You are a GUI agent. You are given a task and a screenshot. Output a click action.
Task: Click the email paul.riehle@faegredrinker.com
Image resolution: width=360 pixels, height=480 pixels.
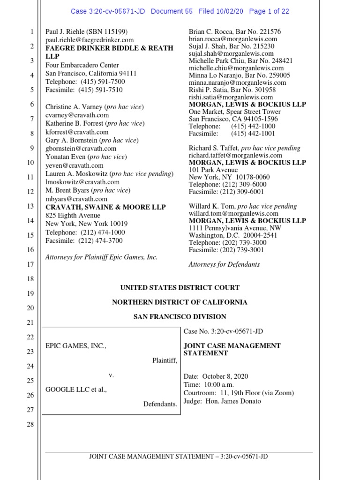pyautogui.click(x=90, y=40)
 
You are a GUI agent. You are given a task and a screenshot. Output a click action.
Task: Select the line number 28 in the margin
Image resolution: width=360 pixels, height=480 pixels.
pyautogui.click(x=31, y=425)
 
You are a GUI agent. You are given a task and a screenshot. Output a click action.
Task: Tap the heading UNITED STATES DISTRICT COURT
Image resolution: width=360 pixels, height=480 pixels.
pyautogui.click(x=180, y=288)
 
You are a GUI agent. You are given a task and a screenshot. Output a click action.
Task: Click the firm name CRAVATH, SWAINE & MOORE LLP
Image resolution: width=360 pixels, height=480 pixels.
pyautogui.click(x=105, y=207)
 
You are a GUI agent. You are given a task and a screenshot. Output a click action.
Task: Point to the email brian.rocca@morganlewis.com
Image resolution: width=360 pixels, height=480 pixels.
pyautogui.click(x=233, y=39)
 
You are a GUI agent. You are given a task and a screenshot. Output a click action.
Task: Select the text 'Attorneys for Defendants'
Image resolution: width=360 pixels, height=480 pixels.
pyautogui.click(x=224, y=264)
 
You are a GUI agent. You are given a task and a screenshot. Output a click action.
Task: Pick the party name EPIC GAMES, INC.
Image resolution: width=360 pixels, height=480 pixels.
pyautogui.click(x=76, y=346)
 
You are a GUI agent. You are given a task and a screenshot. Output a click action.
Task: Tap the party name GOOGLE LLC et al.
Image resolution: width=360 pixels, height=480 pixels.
pyautogui.click(x=76, y=390)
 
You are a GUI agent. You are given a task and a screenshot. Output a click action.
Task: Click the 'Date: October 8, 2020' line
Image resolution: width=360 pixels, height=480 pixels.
pyautogui.click(x=218, y=376)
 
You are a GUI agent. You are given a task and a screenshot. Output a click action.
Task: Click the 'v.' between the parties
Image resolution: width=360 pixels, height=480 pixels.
pyautogui.click(x=112, y=375)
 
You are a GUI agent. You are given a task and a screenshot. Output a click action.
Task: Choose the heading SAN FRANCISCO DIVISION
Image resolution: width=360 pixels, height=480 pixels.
pyautogui.click(x=180, y=317)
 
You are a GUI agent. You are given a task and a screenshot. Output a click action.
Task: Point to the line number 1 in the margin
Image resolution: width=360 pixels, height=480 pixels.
pyautogui.click(x=31, y=32)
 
